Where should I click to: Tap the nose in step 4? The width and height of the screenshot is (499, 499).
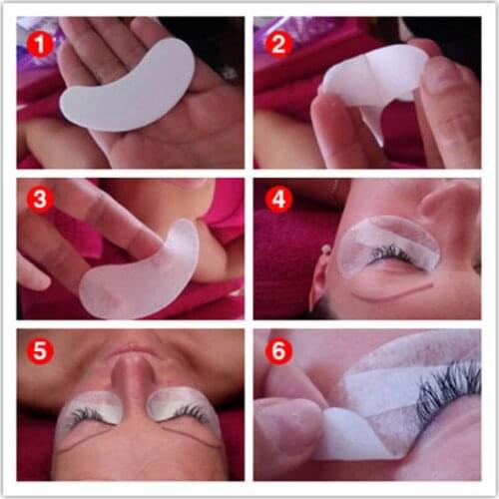pyautogui.click(x=449, y=215)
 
